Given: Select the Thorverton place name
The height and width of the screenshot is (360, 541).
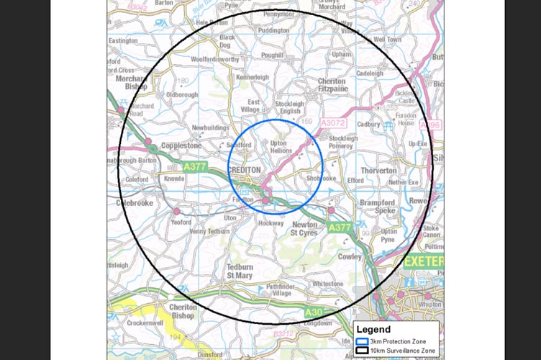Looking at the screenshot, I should point(378,171).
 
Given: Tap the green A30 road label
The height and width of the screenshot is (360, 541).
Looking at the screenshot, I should point(314,312).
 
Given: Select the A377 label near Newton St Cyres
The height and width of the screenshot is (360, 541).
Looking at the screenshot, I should point(340,228).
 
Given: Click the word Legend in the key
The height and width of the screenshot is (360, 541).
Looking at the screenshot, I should point(374,330).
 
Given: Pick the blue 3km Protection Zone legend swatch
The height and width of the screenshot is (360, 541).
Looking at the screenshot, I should point(361,341).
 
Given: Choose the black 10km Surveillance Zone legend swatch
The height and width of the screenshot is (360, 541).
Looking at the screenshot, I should point(361,351).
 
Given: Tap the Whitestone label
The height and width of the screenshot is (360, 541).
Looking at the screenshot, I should point(328,284).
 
